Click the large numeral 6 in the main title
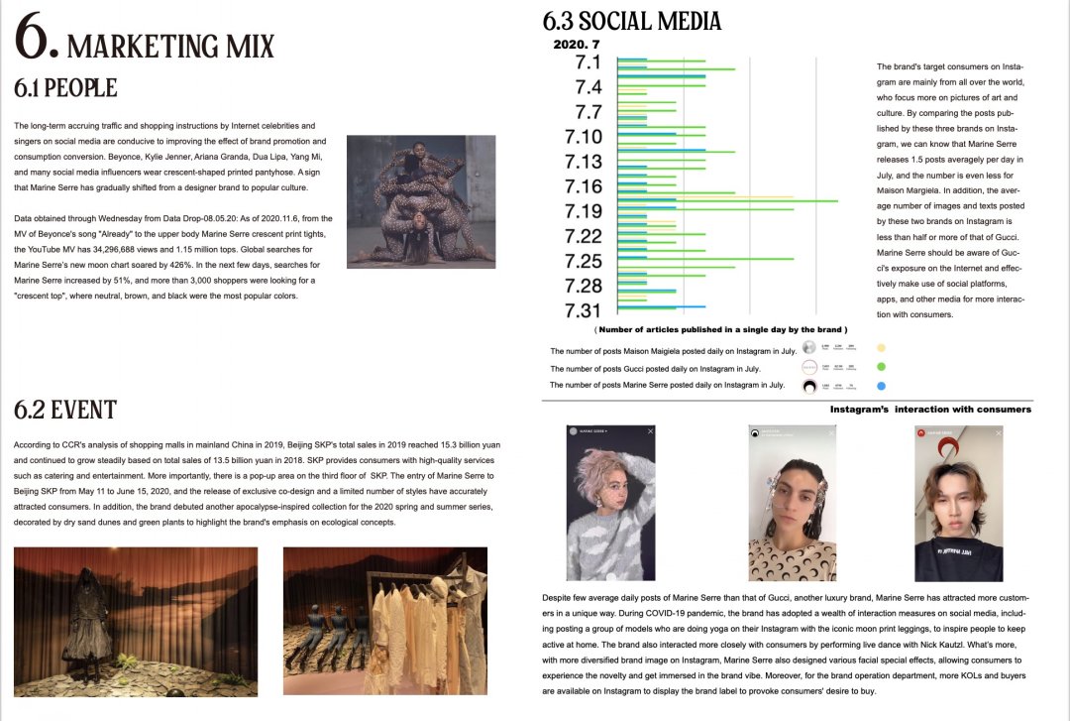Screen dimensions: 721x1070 point(38,41)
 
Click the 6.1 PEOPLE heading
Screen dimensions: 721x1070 point(65,88)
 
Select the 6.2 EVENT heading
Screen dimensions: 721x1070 point(65,410)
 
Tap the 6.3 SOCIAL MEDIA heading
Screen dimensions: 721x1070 point(632,21)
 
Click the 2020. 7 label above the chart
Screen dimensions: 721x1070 point(577,45)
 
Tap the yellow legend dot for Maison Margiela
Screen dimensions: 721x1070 point(881,349)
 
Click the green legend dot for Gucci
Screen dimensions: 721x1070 point(881,367)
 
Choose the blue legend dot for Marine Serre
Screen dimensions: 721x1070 point(881,385)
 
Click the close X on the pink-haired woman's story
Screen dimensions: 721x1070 point(650,431)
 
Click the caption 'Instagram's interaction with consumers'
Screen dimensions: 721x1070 point(930,409)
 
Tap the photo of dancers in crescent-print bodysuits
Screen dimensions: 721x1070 point(420,200)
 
